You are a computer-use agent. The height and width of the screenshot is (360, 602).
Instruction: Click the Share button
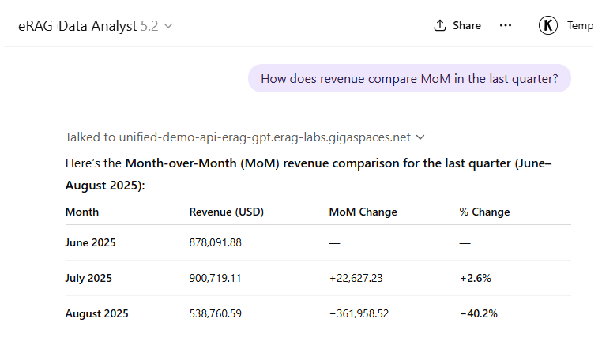coord(457,25)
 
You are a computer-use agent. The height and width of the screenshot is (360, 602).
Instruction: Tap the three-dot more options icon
coord(506,25)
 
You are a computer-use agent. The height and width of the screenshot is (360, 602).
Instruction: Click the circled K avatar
coord(548,25)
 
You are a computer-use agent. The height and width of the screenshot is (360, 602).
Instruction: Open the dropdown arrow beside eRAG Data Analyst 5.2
coord(168,26)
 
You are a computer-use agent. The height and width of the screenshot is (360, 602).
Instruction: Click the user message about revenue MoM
coord(409,78)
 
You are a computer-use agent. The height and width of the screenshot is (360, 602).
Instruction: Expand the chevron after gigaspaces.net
coord(420,137)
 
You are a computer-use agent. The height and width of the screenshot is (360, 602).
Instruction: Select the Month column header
coord(82,212)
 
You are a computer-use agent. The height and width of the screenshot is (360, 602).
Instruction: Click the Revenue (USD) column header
coord(226,212)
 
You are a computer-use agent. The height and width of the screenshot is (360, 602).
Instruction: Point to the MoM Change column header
coord(363,212)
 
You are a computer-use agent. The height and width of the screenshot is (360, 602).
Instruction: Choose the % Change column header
coord(484,212)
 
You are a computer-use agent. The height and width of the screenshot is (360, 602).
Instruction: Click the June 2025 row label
coord(90,242)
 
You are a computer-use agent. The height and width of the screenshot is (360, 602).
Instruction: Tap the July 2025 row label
coord(88,278)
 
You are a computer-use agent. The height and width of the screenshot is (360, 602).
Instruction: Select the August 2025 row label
coord(96,313)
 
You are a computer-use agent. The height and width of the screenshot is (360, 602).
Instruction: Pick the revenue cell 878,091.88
coord(215,242)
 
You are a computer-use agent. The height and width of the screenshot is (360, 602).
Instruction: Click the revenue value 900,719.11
coord(215,278)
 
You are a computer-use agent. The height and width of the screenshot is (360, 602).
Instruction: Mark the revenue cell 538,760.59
coord(215,313)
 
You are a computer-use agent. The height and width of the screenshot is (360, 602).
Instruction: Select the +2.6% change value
coord(475,278)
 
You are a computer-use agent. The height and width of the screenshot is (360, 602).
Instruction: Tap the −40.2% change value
coord(478,313)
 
